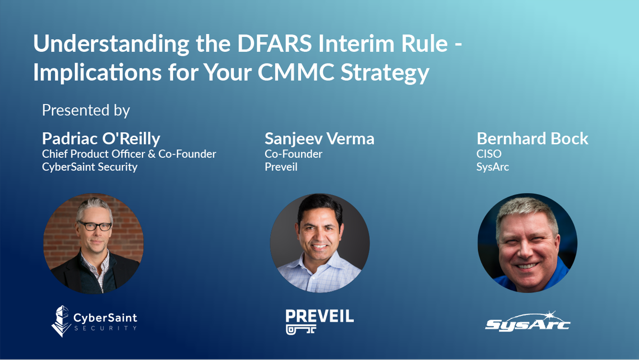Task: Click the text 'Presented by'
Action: click(86, 110)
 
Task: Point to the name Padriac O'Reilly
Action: click(101, 138)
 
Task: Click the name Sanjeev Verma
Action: click(319, 138)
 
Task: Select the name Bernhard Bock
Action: click(532, 138)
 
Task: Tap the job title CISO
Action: click(489, 154)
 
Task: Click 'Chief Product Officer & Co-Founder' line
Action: click(129, 154)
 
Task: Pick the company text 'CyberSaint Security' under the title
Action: click(90, 167)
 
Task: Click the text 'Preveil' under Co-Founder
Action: click(281, 167)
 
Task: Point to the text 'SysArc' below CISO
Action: click(492, 167)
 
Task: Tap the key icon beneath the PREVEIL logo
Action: click(301, 330)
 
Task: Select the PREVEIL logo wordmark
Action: click(319, 316)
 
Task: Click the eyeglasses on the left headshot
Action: click(94, 226)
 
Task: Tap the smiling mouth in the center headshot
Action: click(320, 247)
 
